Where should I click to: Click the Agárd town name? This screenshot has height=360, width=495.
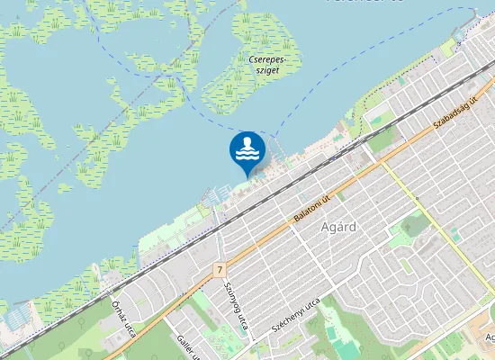point(339,227)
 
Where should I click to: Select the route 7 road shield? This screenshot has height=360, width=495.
point(219,269)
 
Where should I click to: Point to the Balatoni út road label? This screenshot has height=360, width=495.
point(312,209)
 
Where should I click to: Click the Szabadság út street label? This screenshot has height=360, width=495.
point(455,112)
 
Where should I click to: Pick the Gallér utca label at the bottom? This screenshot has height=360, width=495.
point(186,343)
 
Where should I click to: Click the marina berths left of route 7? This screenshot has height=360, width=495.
point(213,193)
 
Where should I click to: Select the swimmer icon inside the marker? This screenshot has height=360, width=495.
point(247,147)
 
